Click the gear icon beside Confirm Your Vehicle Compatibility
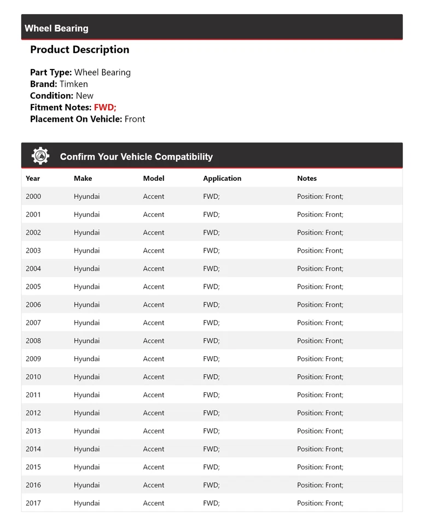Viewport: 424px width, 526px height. (40, 156)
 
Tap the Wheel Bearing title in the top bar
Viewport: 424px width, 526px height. (56, 28)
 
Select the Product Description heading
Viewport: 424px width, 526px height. (80, 49)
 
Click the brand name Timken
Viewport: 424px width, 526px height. (73, 84)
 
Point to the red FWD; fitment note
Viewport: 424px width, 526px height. (105, 107)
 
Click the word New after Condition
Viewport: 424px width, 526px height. (84, 95)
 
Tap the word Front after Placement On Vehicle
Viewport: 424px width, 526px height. (135, 119)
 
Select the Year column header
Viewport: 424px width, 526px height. (33, 178)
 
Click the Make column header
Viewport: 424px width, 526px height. (83, 178)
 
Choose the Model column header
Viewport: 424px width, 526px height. (154, 178)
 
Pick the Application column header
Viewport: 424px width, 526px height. (222, 178)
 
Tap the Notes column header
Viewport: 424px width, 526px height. (307, 178)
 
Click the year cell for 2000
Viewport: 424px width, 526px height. (33, 196)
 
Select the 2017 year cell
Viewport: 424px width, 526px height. (33, 503)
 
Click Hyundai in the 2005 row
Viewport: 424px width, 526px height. (86, 287)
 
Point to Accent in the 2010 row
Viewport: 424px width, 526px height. (154, 377)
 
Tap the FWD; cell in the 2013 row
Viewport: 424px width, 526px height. (211, 431)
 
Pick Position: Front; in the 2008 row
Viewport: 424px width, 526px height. (320, 341)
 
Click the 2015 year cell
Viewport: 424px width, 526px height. (33, 467)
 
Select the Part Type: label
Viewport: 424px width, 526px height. (51, 72)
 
